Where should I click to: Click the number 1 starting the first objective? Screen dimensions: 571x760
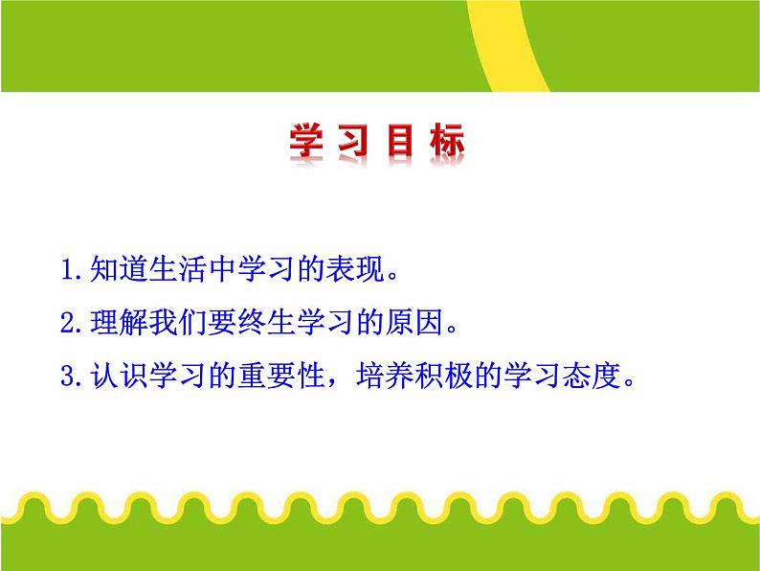coord(65,270)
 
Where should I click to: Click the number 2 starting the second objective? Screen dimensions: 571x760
coord(65,323)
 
